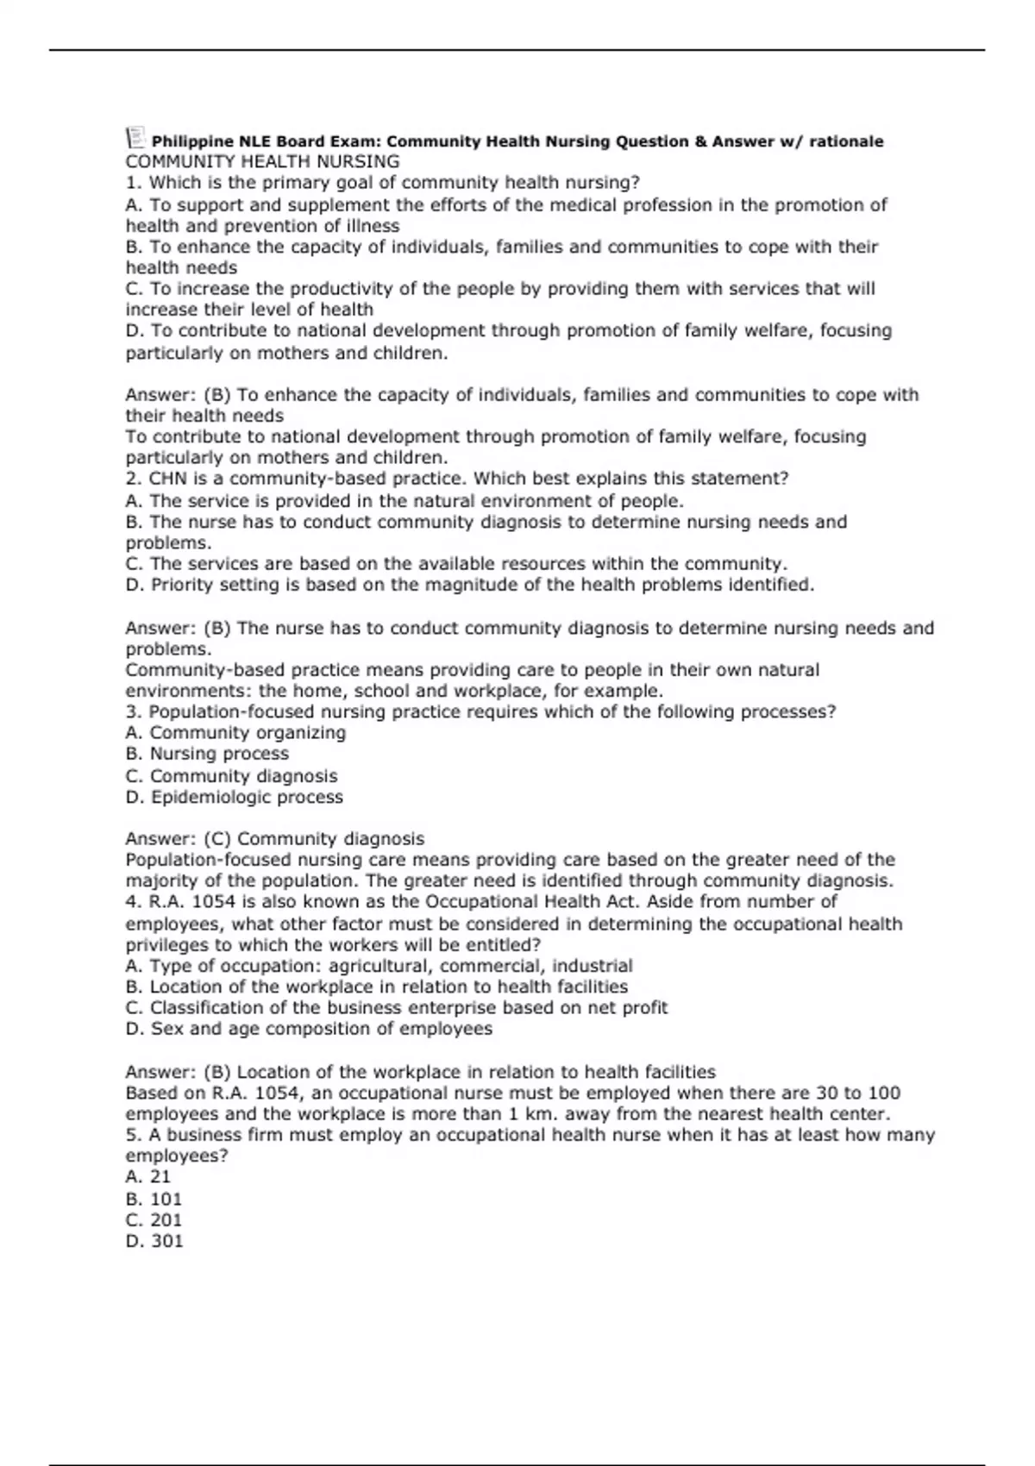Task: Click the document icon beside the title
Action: [135, 138]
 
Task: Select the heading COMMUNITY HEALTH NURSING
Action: [262, 161]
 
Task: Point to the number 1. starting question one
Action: [134, 183]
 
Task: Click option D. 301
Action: [154, 1241]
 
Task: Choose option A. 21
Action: [148, 1177]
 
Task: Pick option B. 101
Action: [154, 1199]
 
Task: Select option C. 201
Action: [154, 1219]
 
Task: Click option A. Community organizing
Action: [235, 733]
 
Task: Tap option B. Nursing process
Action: [207, 754]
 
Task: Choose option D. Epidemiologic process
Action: [234, 797]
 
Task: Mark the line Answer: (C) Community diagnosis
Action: [274, 839]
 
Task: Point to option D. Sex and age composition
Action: [309, 1029]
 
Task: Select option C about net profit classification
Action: [396, 1008]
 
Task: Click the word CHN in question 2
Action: [167, 479]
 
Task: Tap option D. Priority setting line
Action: [469, 585]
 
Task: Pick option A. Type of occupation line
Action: [379, 966]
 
